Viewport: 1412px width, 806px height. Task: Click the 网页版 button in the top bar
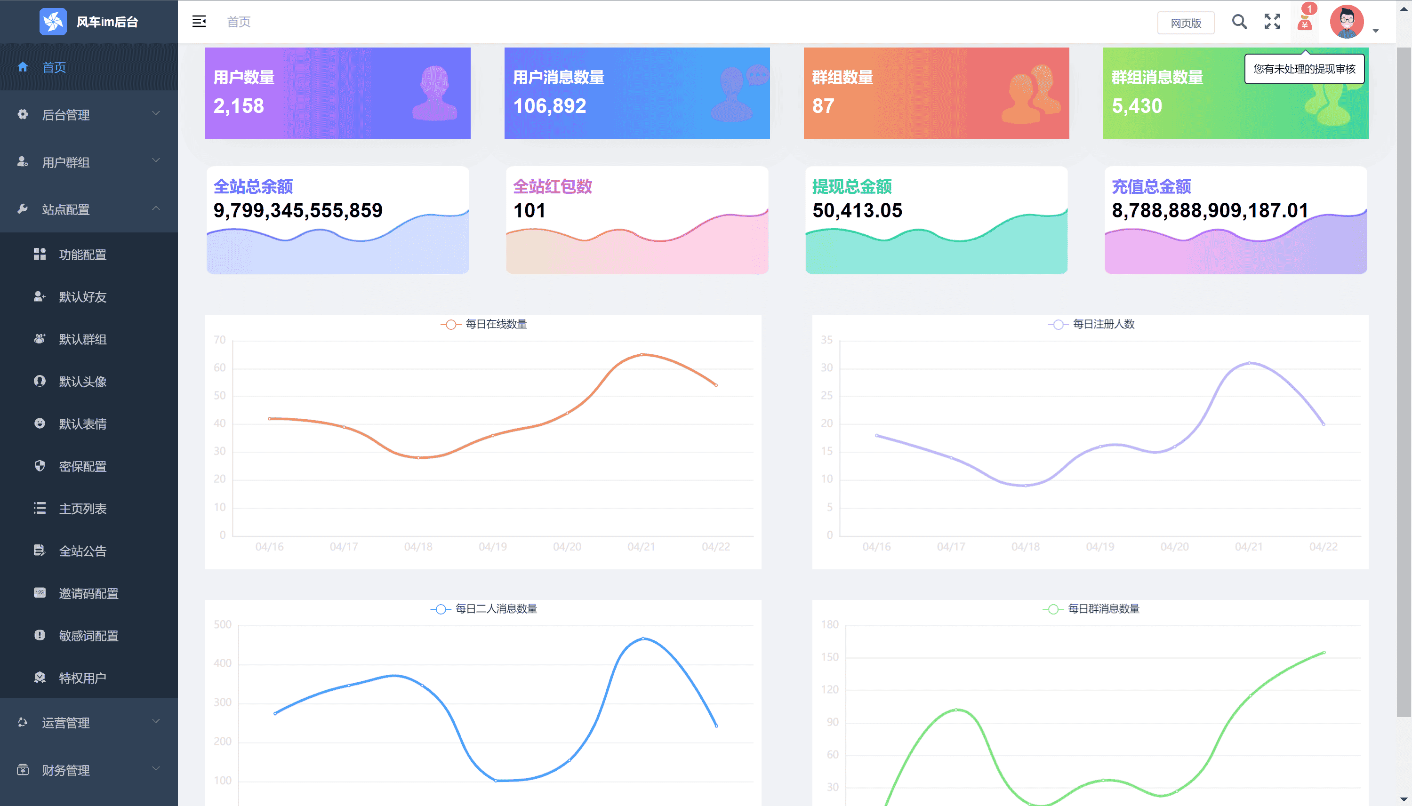click(1185, 23)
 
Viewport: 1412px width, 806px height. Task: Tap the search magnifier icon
click(1239, 22)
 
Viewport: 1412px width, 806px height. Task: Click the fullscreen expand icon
click(1272, 22)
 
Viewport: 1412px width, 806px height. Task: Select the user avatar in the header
click(1346, 22)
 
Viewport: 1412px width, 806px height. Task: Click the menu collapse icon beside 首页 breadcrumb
click(199, 22)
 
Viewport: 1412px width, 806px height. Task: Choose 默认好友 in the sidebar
click(82, 297)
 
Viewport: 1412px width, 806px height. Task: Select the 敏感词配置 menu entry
click(88, 636)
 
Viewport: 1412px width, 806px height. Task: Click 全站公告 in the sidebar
click(82, 551)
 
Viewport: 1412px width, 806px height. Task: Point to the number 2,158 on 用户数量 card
click(239, 106)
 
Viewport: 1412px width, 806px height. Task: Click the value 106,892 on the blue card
click(549, 106)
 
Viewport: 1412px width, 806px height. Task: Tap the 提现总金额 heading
click(851, 186)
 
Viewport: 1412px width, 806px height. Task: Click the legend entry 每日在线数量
click(496, 324)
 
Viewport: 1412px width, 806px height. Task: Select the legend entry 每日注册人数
click(1103, 324)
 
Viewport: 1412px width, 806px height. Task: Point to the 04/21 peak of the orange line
click(642, 354)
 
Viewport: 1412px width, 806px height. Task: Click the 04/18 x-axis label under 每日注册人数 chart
click(1026, 547)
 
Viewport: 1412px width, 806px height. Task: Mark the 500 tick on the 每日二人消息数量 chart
click(223, 624)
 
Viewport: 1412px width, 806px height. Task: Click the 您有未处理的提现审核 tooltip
click(1304, 69)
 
